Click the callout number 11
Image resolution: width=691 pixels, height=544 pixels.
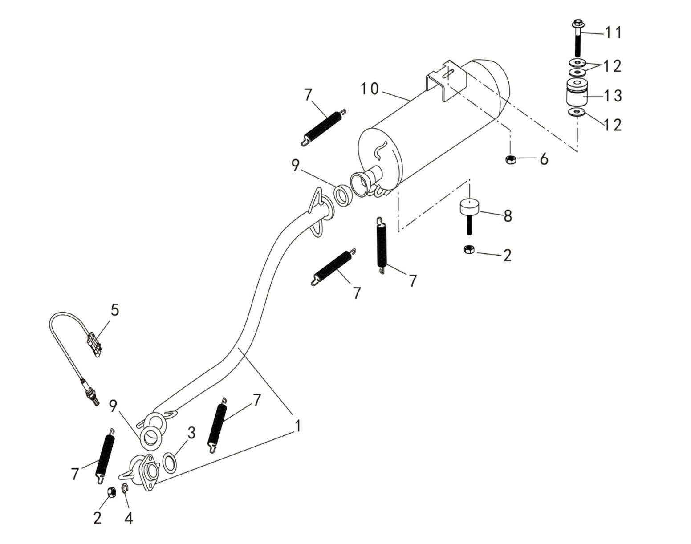coord(613,32)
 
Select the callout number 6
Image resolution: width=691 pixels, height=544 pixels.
coord(544,159)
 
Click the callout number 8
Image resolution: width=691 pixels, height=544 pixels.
coord(508,216)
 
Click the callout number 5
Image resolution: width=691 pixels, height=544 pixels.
coord(115,310)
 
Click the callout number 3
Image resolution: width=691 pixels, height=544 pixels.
coord(191,433)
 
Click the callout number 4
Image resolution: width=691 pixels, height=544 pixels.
coord(128,518)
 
